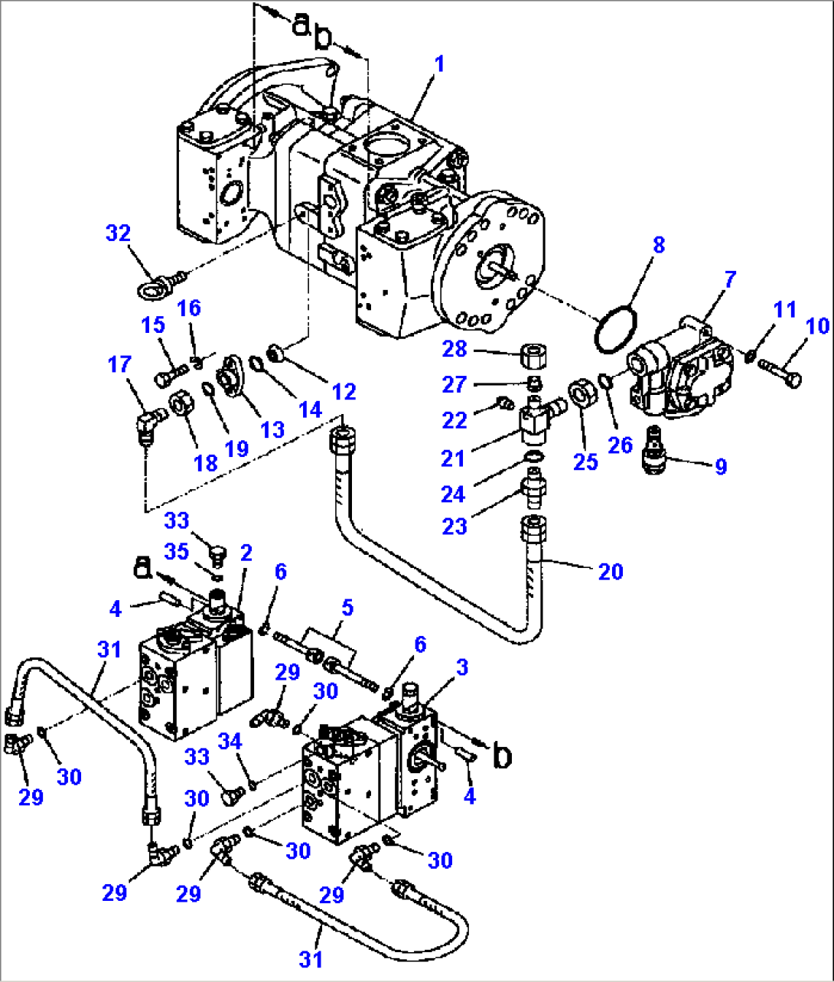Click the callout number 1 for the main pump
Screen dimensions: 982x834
click(x=438, y=64)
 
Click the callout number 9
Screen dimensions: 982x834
click(x=720, y=466)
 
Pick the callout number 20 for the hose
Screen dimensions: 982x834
click(x=610, y=571)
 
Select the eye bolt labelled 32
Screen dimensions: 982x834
click(x=153, y=288)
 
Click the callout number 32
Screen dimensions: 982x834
click(x=118, y=233)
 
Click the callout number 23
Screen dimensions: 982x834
click(x=454, y=527)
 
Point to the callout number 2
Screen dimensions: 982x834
click(x=246, y=552)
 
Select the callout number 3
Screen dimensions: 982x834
click(x=461, y=667)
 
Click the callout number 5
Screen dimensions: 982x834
click(x=347, y=608)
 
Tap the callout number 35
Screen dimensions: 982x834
click(x=177, y=551)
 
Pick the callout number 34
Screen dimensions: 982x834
click(x=230, y=741)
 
